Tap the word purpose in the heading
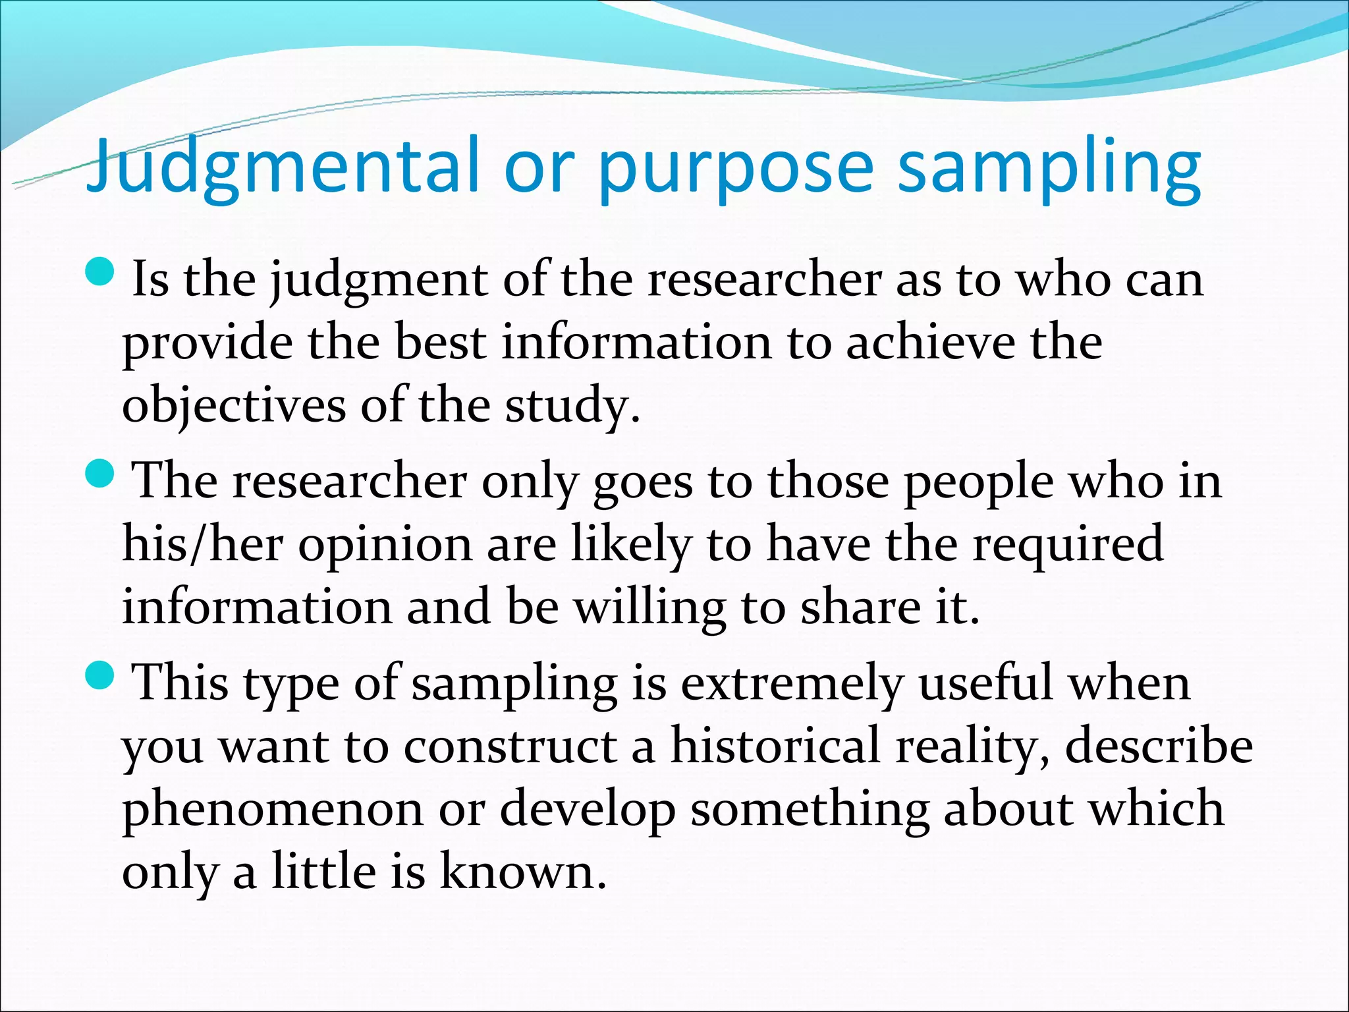[736, 168]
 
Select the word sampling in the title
[1049, 168]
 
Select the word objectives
[234, 406]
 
